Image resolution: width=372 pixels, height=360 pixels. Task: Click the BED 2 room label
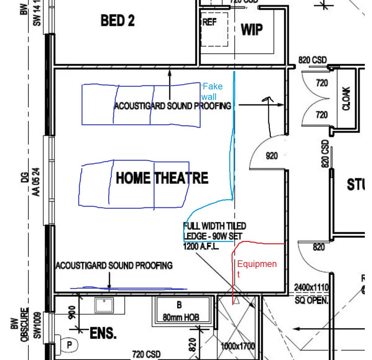(118, 21)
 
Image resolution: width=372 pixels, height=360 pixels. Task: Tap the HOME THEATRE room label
(162, 178)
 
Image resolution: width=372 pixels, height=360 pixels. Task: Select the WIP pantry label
(252, 29)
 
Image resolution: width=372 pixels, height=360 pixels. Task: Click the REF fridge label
(209, 22)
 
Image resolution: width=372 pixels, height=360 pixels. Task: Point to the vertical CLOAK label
(346, 99)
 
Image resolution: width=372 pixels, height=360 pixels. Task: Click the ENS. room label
(103, 334)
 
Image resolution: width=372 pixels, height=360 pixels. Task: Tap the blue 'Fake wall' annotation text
(213, 91)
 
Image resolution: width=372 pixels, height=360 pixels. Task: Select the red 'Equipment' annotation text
(256, 269)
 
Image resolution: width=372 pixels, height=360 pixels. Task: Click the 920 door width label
(272, 156)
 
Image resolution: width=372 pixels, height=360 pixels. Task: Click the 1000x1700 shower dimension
(238, 346)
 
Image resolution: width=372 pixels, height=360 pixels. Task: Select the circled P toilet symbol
(70, 344)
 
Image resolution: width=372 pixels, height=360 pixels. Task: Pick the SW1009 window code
(38, 326)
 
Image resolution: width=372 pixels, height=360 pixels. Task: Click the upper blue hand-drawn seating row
(141, 104)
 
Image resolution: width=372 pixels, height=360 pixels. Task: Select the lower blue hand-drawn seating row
(134, 185)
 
